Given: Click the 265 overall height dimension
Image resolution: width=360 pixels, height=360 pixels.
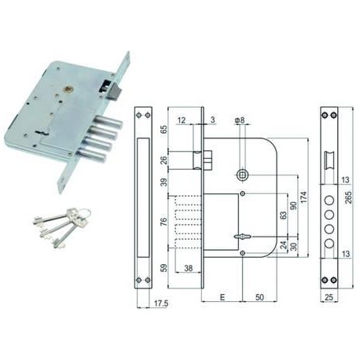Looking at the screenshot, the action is pos(348,197).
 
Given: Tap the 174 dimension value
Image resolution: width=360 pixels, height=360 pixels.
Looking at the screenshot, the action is pos(303,197).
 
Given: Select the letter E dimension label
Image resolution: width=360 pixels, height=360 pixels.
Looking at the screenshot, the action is pos(222,297).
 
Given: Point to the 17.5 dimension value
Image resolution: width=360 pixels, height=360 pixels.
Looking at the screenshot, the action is pos(160,303).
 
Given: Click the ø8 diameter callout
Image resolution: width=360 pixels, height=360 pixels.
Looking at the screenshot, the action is pos(240,120).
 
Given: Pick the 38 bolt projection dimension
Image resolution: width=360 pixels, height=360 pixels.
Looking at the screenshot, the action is pos(189,268).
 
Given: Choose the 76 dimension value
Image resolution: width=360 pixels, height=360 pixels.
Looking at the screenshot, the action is pos(163,222).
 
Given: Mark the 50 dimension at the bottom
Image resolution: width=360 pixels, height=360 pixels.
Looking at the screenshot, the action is pos(259,297).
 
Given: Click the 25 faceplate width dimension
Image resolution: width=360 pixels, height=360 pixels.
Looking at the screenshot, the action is pos(329,297).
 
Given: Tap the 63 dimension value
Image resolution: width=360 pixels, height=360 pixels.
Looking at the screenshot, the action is pos(284,215).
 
